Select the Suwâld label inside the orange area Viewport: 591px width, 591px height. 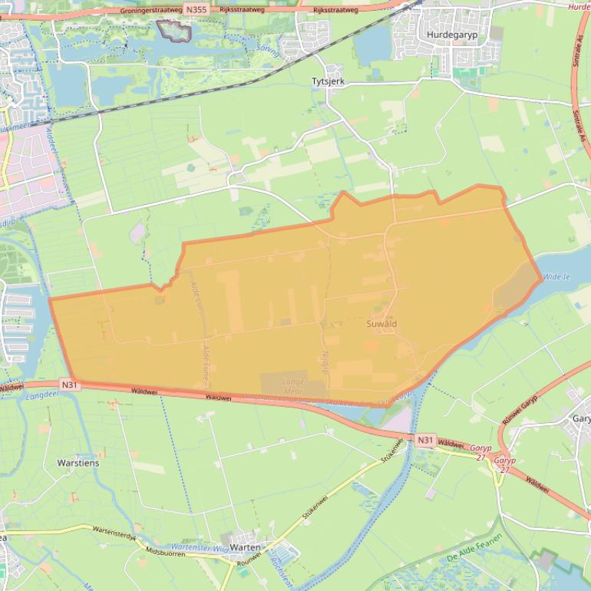381,325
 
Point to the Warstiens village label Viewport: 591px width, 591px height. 78,463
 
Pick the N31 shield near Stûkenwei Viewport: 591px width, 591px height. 425,440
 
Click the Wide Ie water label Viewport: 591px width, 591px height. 557,276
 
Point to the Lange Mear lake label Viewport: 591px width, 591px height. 292,385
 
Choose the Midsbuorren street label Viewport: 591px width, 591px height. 161,553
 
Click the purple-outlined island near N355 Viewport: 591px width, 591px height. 173,31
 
